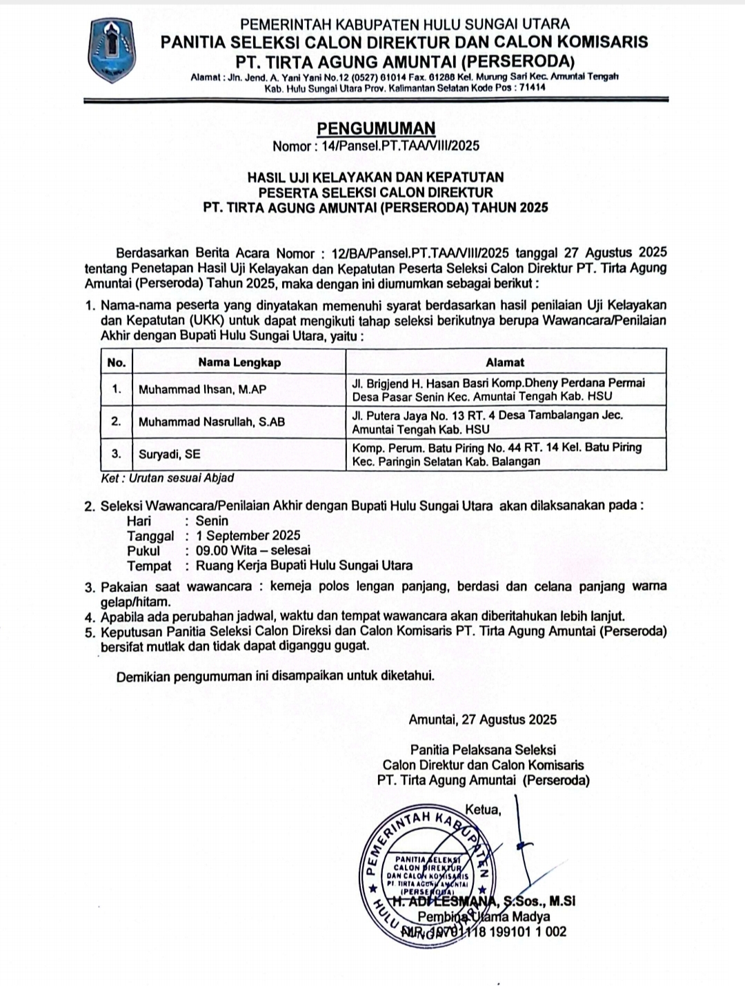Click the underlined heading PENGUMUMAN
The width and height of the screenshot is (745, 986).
tap(376, 128)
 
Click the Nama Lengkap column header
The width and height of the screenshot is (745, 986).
tap(239, 362)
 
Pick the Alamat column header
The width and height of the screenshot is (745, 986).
tap(505, 362)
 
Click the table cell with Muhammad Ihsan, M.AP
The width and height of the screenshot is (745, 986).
tap(203, 390)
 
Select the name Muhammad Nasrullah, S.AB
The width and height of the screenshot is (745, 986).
tap(212, 422)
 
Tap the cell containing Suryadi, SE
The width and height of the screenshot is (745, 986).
tap(170, 454)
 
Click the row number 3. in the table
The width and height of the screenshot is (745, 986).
tap(117, 454)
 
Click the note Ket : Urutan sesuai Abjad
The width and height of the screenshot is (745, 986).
tap(168, 477)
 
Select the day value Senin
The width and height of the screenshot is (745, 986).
tap(212, 521)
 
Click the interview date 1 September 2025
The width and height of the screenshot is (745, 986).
tap(248, 535)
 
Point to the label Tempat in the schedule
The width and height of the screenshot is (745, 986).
tap(149, 566)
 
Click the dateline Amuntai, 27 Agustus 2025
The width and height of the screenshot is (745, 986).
tap(482, 720)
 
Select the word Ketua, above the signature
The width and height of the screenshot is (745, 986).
tap(484, 809)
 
